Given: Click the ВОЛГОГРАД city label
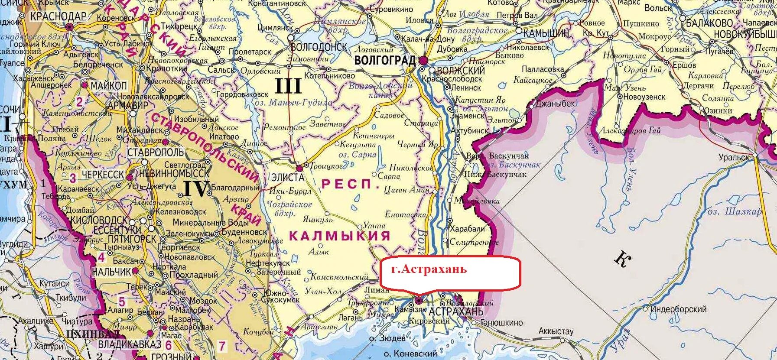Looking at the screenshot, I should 385,61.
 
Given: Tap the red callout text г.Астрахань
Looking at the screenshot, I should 429,269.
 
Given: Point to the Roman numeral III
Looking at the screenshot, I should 288,87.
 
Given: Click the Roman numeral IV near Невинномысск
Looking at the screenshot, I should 196,189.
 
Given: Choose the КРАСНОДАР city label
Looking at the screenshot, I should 58,17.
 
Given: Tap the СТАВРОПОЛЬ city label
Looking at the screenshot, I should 156,153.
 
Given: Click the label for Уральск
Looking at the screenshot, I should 734,157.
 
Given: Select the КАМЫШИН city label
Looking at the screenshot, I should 546,33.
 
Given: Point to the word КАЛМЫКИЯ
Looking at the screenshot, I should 339,236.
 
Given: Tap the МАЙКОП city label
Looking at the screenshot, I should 108,86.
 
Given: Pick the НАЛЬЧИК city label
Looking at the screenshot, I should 111,272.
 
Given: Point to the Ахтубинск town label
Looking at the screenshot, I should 470,130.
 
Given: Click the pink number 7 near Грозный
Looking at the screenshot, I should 222,346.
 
